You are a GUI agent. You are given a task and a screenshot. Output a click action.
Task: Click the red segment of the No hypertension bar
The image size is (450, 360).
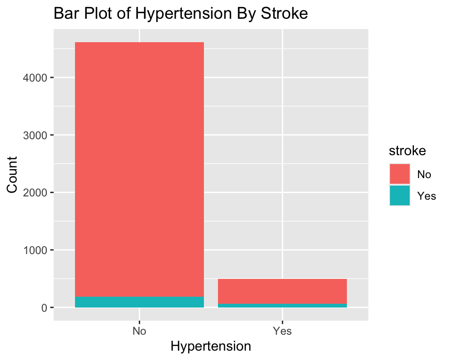tap(140, 169)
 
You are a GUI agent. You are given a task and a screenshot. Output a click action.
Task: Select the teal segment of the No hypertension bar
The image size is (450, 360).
tap(140, 302)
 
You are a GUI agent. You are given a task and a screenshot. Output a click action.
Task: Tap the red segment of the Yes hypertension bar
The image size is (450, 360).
tap(282, 291)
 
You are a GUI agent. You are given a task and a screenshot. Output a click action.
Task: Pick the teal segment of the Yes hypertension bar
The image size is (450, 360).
tap(282, 306)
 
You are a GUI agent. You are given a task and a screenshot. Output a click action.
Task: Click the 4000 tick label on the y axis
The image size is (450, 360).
tap(35, 78)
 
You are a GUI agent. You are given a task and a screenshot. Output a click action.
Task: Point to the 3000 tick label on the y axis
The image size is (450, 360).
tap(35, 135)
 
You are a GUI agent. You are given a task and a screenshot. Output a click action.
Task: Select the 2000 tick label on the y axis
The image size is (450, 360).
tap(35, 193)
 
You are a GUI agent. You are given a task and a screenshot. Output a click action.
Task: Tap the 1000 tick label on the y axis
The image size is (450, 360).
tap(35, 250)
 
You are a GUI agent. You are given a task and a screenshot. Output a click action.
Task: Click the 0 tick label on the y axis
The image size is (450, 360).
tap(44, 308)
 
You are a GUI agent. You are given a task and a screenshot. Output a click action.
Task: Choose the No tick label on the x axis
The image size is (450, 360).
tap(140, 331)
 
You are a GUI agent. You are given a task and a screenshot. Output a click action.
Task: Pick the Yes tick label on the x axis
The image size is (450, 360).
tap(282, 331)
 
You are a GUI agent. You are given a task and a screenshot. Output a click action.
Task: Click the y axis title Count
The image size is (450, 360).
tap(12, 175)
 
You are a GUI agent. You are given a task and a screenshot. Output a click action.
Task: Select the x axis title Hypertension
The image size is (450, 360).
tap(211, 346)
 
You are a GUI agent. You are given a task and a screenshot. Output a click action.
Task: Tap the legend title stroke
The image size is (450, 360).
tap(407, 151)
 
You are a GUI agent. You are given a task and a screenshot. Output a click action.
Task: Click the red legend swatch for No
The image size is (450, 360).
tap(400, 174)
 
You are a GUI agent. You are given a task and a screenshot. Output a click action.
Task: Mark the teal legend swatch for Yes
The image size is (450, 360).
tap(400, 195)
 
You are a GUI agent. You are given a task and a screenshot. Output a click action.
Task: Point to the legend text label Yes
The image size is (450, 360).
tap(427, 196)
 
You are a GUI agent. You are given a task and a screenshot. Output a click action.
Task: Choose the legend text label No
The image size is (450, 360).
tap(424, 174)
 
